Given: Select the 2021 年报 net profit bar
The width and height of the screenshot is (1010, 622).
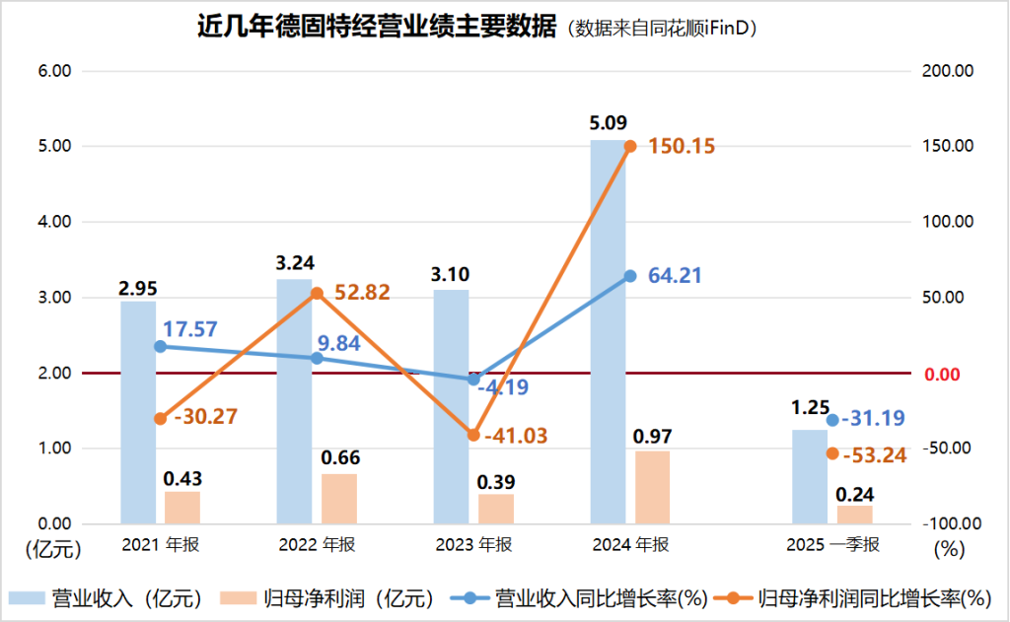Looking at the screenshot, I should tap(182, 507).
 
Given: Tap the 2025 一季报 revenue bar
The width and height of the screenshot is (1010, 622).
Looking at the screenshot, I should tap(810, 476).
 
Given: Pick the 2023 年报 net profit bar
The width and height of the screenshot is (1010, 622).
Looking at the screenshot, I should tap(496, 509).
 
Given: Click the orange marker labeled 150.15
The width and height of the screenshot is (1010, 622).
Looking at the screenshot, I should tap(630, 146).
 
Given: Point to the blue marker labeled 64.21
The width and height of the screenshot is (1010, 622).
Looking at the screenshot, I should tap(630, 276).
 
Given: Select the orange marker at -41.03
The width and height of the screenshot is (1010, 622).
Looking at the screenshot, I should tap(473, 435).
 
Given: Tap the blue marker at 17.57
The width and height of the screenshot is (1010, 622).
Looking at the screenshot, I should tap(160, 346).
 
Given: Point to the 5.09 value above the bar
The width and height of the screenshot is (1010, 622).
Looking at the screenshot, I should tap(608, 125).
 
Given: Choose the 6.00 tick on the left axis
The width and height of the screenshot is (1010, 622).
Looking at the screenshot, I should tap(54, 71).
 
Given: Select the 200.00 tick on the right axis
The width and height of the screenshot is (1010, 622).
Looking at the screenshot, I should tap(952, 71).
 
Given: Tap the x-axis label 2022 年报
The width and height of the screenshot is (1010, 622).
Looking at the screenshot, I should tap(317, 544).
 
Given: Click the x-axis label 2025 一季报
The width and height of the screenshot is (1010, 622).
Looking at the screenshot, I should tap(832, 544).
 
